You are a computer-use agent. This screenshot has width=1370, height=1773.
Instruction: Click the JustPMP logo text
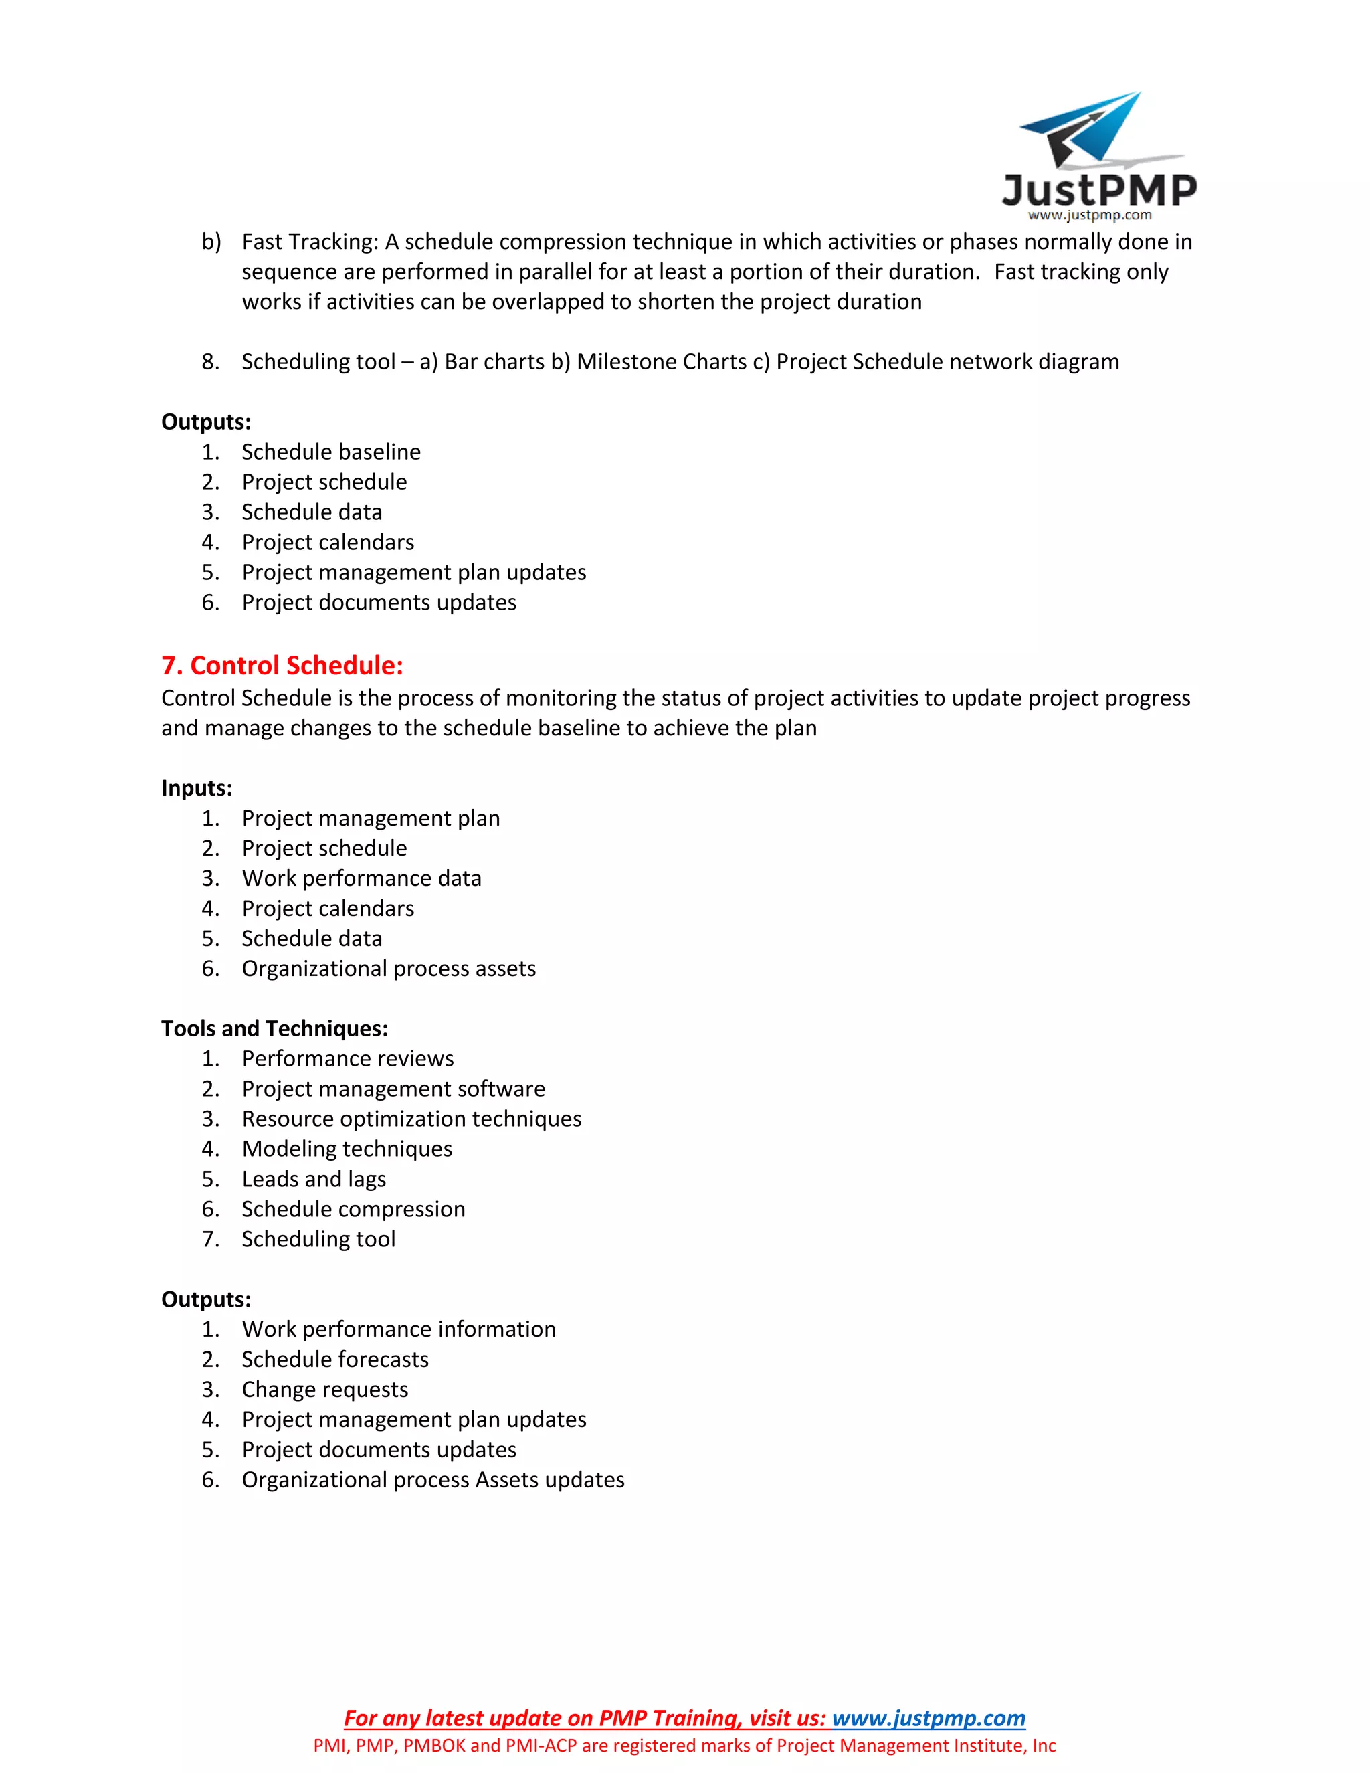[x=1099, y=190]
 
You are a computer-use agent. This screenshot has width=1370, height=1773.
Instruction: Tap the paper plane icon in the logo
[x=1084, y=130]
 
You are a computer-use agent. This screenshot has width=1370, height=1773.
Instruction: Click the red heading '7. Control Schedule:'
[x=282, y=666]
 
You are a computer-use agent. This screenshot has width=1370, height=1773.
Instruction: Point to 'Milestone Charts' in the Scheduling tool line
[x=661, y=362]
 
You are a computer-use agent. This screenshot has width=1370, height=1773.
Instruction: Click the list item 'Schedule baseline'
[x=331, y=452]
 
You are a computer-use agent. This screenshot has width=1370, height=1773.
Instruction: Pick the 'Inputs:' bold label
[x=197, y=788]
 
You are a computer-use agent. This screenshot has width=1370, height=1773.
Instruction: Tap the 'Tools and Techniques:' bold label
[x=274, y=1028]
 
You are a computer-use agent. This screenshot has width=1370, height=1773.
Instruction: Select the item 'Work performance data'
[x=361, y=878]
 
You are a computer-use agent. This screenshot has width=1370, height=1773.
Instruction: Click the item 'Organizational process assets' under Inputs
[x=389, y=969]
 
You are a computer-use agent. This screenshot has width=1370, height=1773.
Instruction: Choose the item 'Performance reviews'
[x=347, y=1058]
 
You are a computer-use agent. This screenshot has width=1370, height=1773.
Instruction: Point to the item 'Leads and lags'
[x=313, y=1179]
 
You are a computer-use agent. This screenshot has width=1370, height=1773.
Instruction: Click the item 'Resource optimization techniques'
[x=411, y=1119]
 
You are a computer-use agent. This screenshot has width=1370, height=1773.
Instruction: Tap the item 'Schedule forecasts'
[x=334, y=1359]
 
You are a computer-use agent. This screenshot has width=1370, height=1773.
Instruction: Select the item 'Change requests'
[x=324, y=1389]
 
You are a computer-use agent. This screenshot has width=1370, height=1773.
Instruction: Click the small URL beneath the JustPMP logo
[x=1089, y=216]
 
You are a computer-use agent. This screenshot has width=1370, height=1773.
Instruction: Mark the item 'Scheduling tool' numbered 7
[x=318, y=1239]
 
